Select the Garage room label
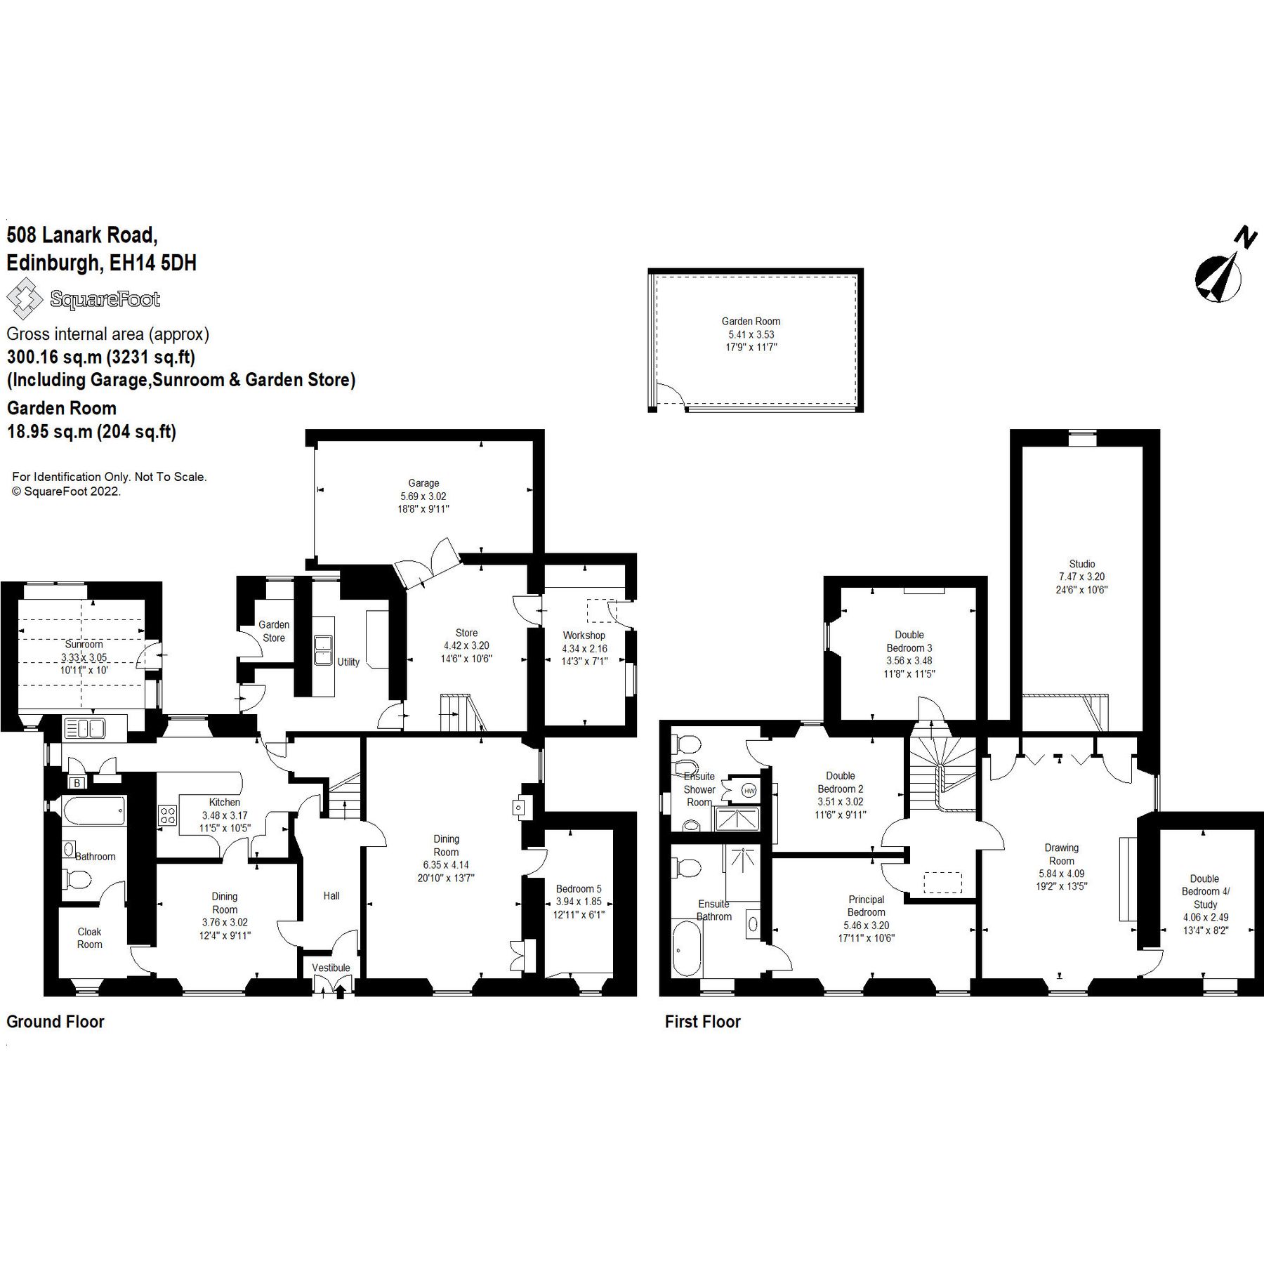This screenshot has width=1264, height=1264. pos(423,483)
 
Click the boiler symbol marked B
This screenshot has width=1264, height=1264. pos(76,782)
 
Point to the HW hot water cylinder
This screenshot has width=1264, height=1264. pos(749,791)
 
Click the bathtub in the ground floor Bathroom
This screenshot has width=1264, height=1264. pos(94,810)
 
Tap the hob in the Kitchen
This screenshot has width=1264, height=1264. pos(168,815)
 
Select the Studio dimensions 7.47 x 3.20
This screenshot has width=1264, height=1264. pos(1082,577)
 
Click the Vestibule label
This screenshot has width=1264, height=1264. pos(331,968)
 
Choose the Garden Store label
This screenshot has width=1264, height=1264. pos(274,631)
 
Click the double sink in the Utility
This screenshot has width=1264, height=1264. pos(324,649)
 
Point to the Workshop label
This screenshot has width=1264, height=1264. pos(584,635)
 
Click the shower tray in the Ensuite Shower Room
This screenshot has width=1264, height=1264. pos(737,818)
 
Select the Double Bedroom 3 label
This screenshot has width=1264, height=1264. pos(909,641)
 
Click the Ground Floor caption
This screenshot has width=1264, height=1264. pos(55,1022)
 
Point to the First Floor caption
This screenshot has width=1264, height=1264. pos(702,1022)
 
